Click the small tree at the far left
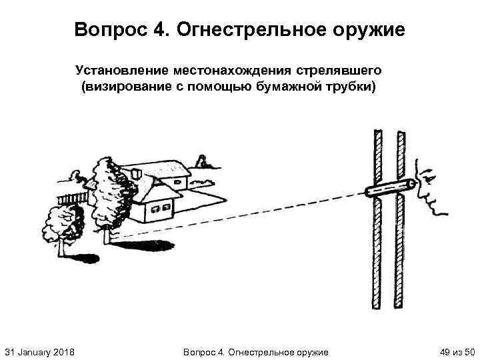tap(62, 223)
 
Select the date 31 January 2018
tap(39, 351)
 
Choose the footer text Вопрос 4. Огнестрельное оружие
tap(255, 351)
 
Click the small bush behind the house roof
tap(199, 160)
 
